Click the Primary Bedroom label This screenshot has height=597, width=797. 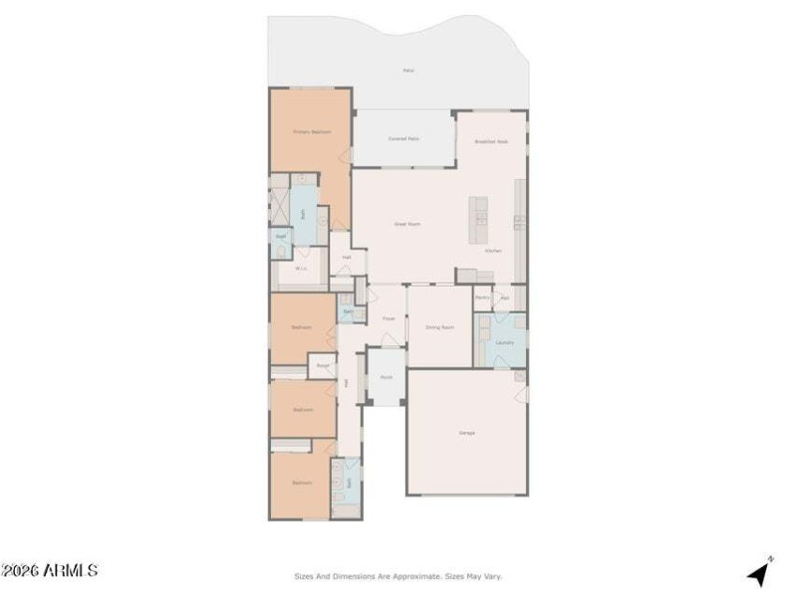[x=311, y=131]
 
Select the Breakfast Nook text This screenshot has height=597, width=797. [x=491, y=142]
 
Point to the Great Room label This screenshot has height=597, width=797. [x=406, y=224]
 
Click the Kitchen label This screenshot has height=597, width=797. [x=492, y=251]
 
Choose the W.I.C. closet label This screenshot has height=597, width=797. [x=299, y=268]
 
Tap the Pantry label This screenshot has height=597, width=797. [x=481, y=297]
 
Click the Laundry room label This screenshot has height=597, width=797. [x=504, y=341]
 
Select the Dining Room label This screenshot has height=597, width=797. [x=439, y=326]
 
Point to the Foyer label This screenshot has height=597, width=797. [x=389, y=318]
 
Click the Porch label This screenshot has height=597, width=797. [x=386, y=378]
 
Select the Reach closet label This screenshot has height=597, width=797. [x=323, y=366]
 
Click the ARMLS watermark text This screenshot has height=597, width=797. [x=50, y=570]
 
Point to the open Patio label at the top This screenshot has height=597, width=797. [x=408, y=71]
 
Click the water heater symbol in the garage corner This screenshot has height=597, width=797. [x=519, y=376]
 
